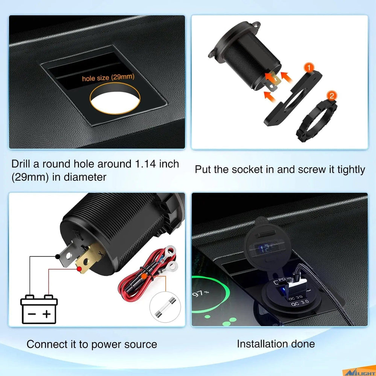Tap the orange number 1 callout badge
(x=309, y=68)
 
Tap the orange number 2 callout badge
(x=331, y=96)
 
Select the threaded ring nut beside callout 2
(x=316, y=120)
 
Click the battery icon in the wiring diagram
(x=39, y=309)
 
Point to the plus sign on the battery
(x=46, y=314)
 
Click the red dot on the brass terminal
(x=80, y=269)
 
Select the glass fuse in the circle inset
(x=168, y=306)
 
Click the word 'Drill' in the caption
(x=21, y=164)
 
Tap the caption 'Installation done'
(x=276, y=343)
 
